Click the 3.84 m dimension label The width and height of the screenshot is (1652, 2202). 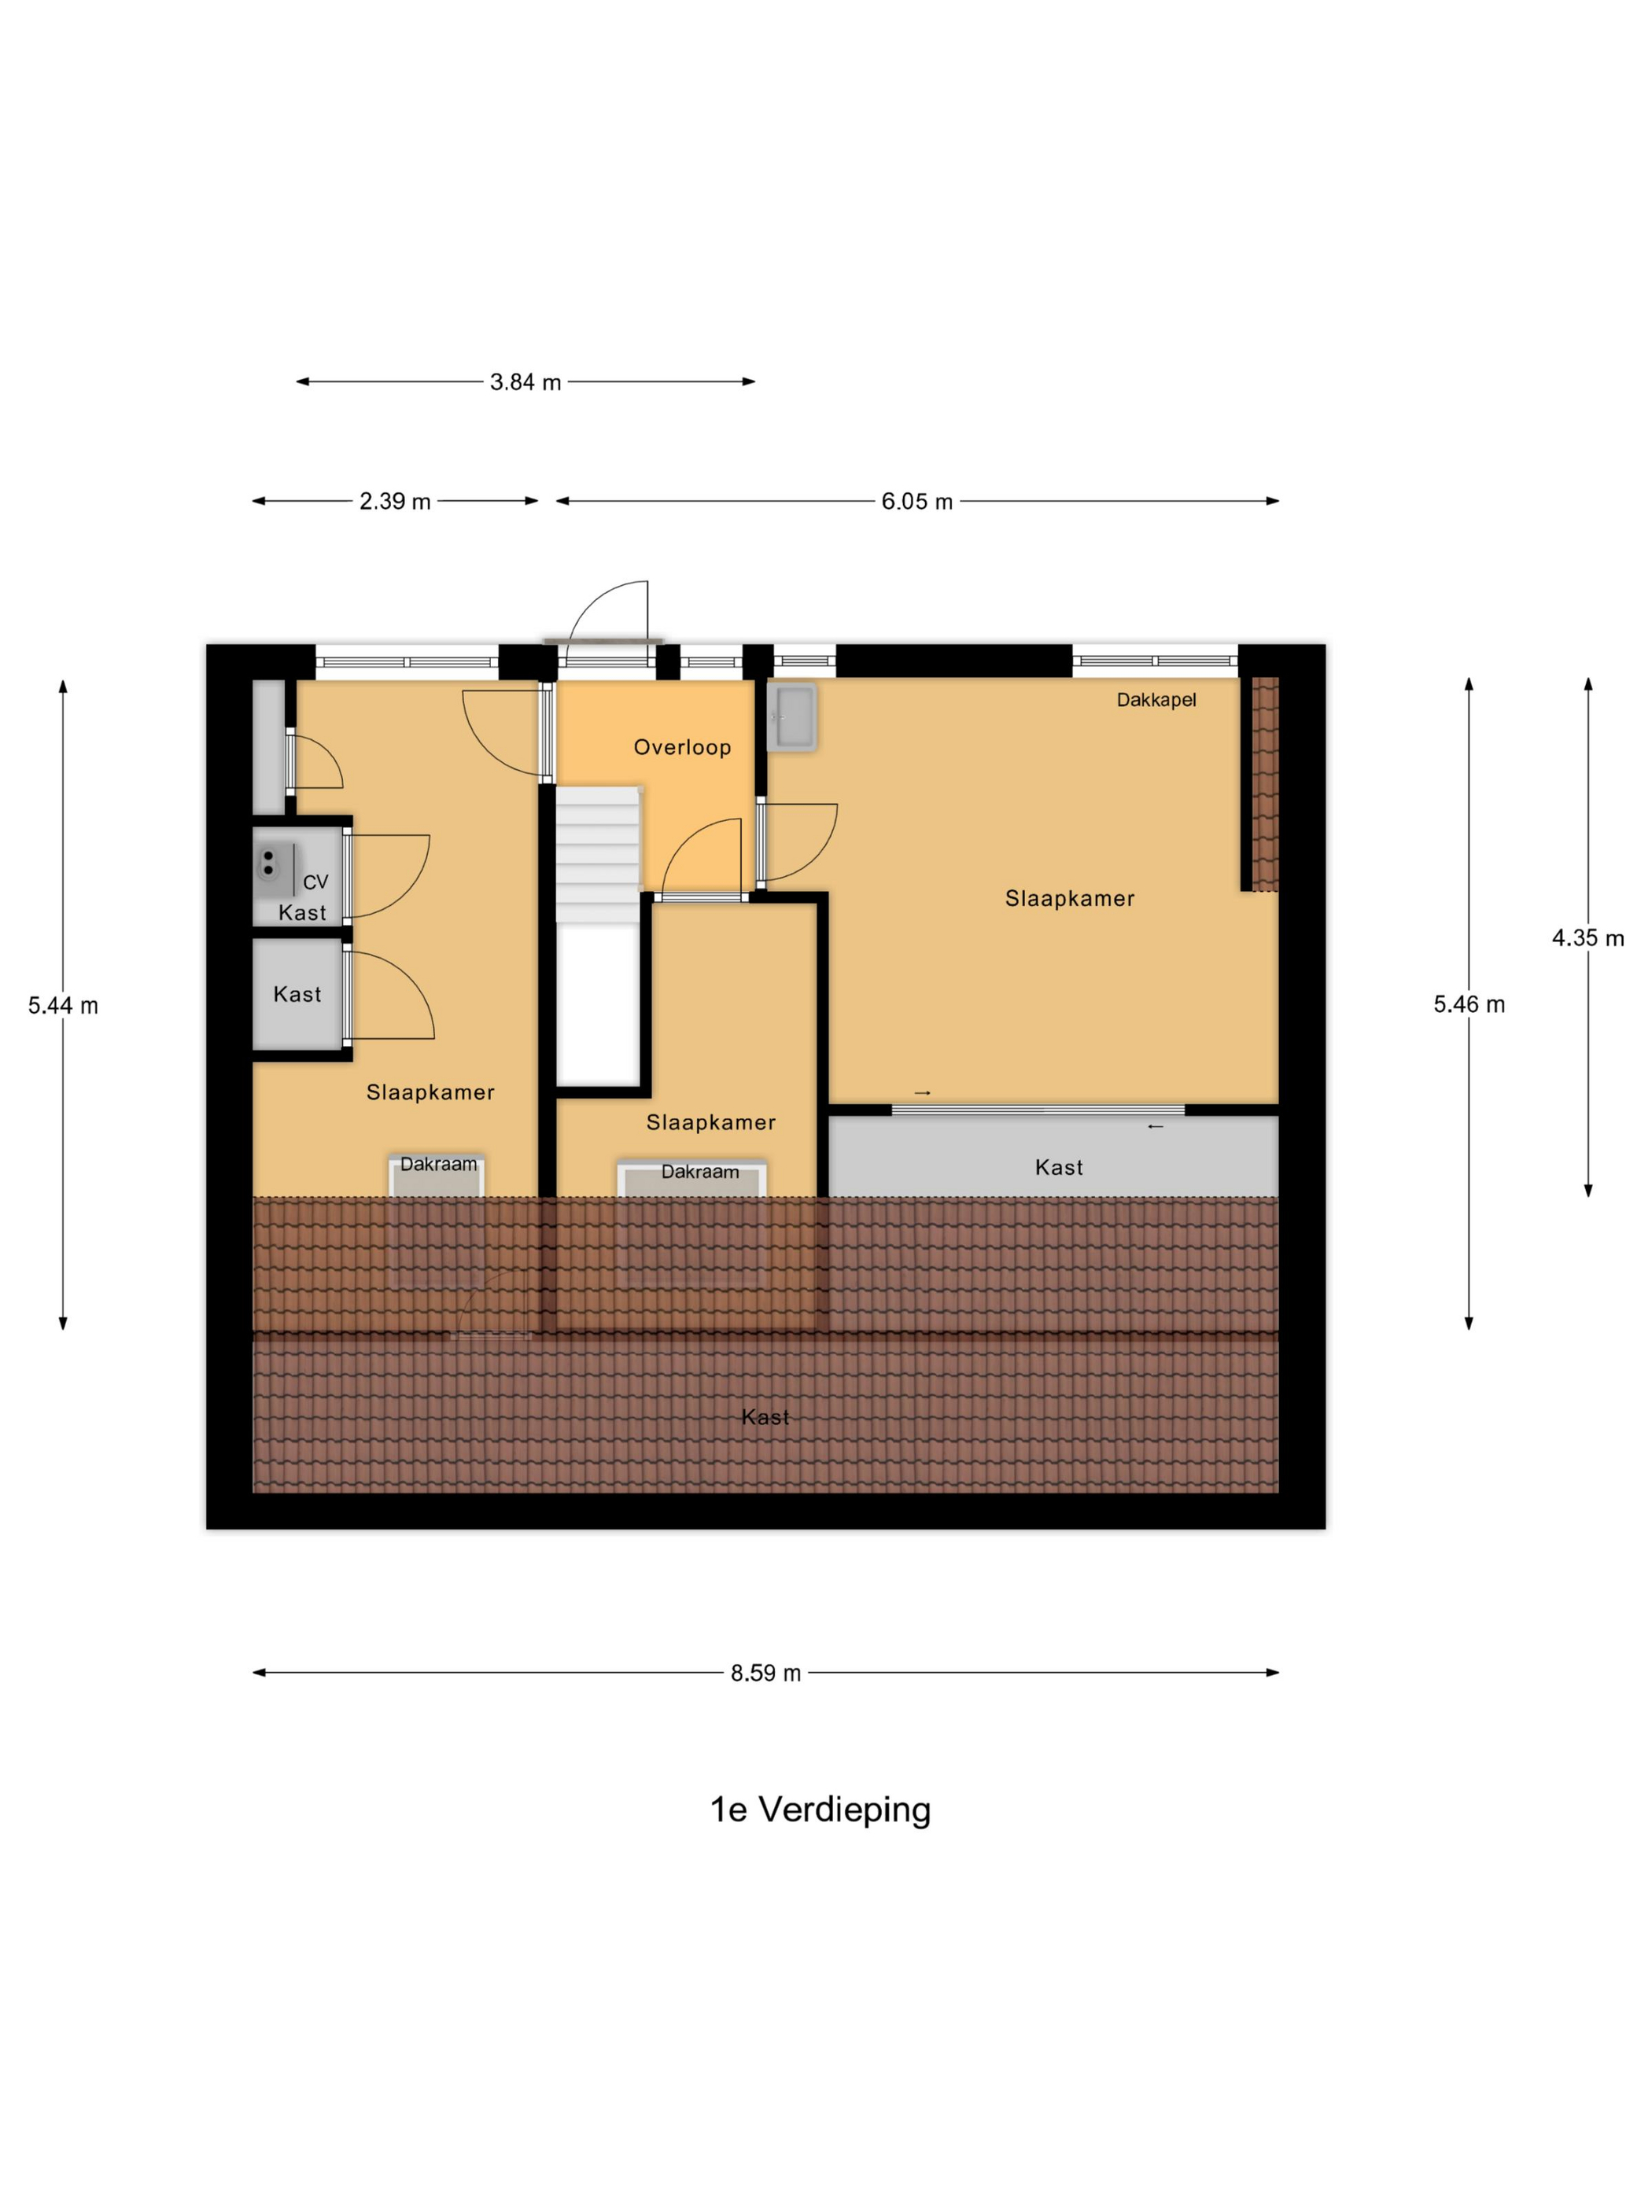pos(525,382)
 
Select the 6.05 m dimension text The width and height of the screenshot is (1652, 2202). pos(916,502)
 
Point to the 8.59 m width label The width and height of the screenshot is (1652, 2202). pos(765,1674)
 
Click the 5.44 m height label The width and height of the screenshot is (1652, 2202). pos(63,1005)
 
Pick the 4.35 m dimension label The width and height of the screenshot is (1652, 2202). pos(1587,937)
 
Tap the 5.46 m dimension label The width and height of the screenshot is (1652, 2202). pos(1468,1004)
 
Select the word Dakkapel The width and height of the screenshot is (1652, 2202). pos(1155,700)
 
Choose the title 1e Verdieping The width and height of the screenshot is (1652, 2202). pos(820,1810)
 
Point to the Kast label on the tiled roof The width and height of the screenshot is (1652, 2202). pos(765,1416)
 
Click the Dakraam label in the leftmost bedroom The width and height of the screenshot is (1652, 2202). pos(438,1164)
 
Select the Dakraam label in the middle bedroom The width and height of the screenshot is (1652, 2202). pos(700,1172)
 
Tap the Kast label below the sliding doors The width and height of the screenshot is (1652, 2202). pos(1059,1168)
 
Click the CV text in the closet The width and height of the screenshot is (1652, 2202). pos(315,882)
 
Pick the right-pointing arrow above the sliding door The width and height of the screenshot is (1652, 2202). pos(922,1093)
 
